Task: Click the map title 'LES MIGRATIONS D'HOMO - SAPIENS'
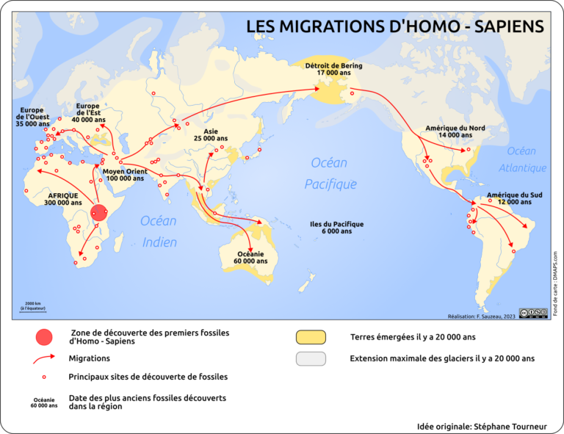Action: (394, 26)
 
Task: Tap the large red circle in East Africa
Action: (99, 214)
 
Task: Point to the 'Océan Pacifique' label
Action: (330, 173)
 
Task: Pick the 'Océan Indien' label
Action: (159, 231)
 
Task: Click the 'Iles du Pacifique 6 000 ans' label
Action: (336, 228)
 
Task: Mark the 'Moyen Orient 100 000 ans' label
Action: (125, 175)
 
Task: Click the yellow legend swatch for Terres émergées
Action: (311, 337)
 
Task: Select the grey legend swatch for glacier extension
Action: (311, 359)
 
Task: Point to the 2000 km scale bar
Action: (33, 307)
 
